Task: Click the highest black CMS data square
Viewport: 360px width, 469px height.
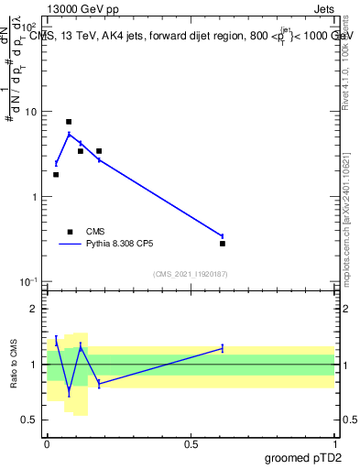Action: click(69, 122)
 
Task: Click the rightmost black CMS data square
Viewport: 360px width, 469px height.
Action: click(223, 244)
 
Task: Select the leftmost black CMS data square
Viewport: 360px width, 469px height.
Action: click(56, 174)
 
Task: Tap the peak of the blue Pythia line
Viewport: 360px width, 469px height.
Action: click(69, 135)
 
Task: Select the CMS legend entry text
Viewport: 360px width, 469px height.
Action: click(95, 232)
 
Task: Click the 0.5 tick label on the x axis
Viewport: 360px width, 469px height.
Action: click(191, 444)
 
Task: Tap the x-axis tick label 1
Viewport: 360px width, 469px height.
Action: click(335, 444)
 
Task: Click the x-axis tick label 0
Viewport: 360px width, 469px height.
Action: click(48, 444)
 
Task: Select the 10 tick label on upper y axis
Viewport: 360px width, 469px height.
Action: click(31, 112)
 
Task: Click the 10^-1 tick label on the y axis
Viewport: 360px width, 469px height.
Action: click(28, 281)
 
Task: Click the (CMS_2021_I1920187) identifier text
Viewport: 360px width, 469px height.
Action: click(191, 274)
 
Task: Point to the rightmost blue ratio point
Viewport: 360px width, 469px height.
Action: click(223, 348)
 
